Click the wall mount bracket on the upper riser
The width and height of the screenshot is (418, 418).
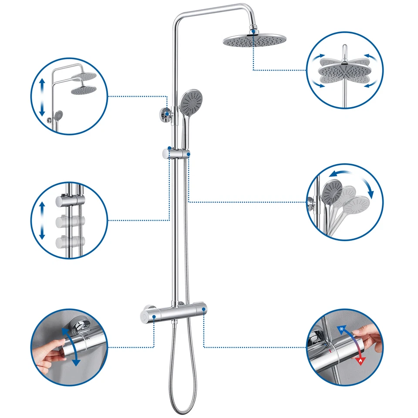(x=166, y=114)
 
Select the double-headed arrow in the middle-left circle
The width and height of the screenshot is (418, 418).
(x=42, y=219)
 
